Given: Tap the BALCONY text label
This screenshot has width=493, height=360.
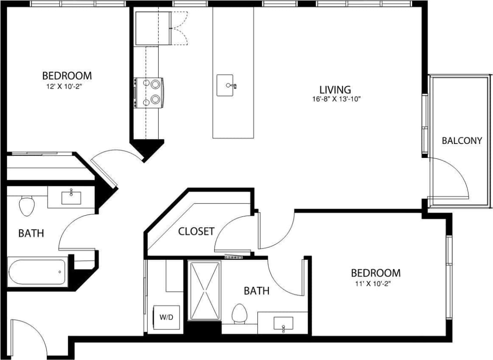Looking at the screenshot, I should pos(462,140).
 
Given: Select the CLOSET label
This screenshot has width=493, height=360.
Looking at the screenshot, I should pos(196,231).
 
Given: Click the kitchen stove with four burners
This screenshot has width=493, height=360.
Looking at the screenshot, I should pos(149,93).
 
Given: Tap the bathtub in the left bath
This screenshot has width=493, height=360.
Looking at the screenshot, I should pos(37,273).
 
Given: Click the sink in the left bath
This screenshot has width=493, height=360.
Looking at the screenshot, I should pos(71,197).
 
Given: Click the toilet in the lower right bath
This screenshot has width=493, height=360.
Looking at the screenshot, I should pos(239,314).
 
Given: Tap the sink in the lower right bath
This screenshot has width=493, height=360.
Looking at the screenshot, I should pos(283,324).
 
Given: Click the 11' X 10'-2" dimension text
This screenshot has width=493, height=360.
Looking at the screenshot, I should pos(375,284).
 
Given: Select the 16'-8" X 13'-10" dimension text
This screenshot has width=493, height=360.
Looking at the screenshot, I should pos(335,99).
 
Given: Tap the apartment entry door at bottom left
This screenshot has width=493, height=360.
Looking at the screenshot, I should pos(28,337).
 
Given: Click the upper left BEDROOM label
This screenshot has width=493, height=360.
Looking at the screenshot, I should pos(67,76).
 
